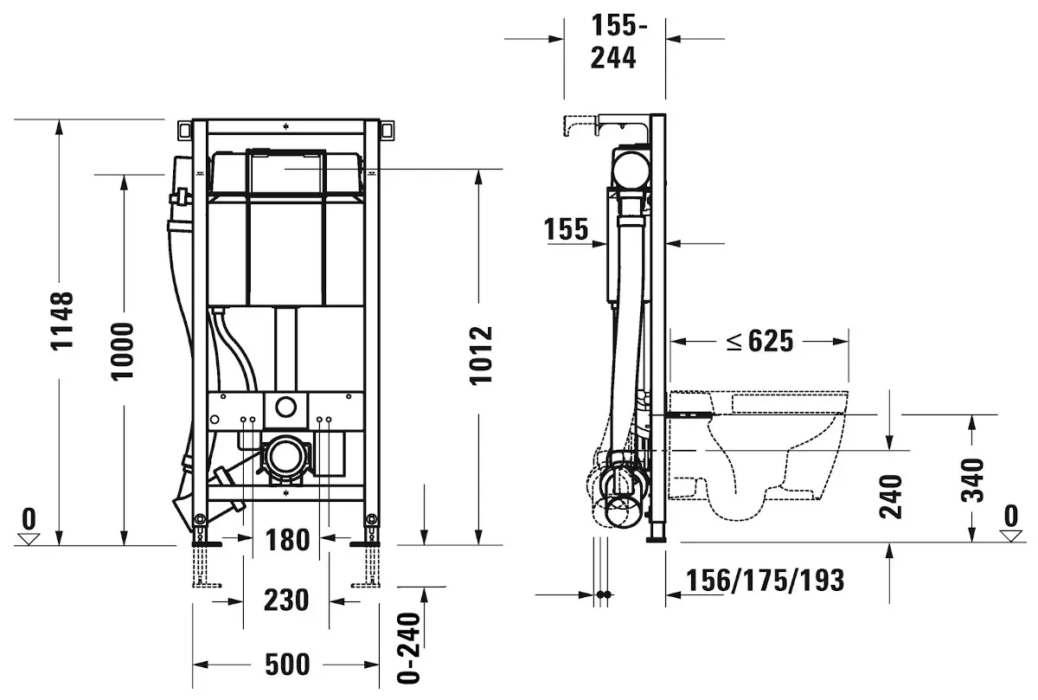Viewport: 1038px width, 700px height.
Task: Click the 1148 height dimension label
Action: tap(62, 321)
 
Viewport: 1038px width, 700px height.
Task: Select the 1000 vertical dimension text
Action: tap(122, 350)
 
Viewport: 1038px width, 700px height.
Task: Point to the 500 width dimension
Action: tap(286, 665)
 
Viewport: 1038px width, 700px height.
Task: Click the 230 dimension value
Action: tap(286, 600)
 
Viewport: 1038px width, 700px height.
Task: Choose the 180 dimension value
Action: tap(286, 540)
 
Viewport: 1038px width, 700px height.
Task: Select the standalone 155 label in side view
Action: tap(567, 230)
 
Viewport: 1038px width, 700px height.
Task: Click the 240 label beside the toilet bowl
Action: tap(891, 496)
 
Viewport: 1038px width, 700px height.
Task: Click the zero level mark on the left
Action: tap(30, 526)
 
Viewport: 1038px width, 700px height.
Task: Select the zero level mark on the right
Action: tap(1010, 523)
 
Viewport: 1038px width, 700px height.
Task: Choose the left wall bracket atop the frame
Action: tap(183, 130)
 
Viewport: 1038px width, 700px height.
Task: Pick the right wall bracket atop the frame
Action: tap(388, 130)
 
